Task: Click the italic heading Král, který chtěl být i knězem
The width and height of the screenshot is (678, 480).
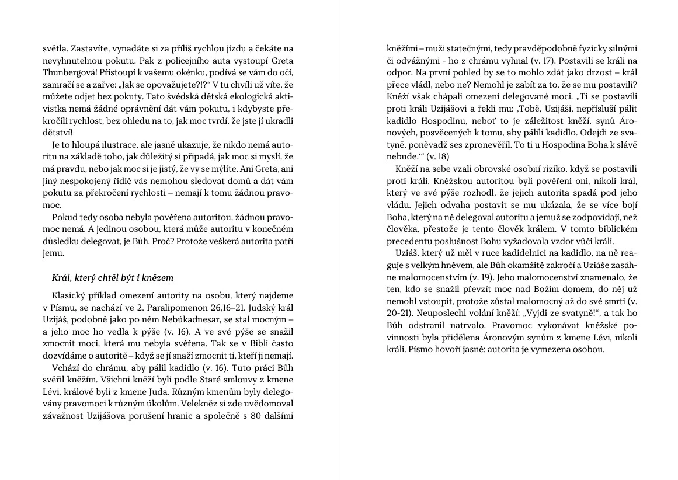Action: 113,277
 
